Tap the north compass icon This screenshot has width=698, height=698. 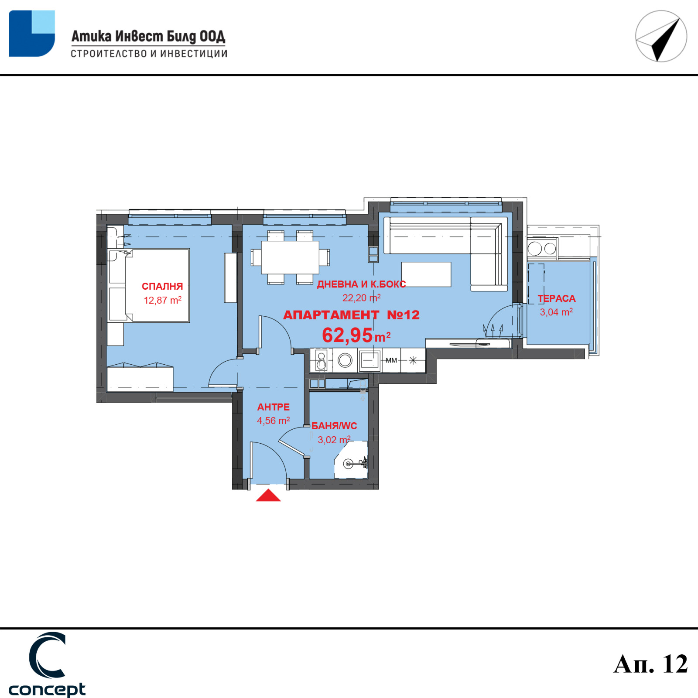pyautogui.click(x=661, y=36)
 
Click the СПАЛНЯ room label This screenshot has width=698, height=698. pyautogui.click(x=162, y=286)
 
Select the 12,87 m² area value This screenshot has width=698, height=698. pyautogui.click(x=163, y=300)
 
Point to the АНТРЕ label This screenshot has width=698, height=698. pyautogui.click(x=274, y=407)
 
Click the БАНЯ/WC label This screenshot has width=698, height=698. pyautogui.click(x=334, y=426)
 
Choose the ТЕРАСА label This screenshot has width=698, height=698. pyautogui.click(x=557, y=298)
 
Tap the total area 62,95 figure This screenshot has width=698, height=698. pyautogui.click(x=347, y=335)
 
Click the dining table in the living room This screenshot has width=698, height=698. pyautogui.click(x=290, y=257)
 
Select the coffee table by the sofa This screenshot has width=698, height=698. pyautogui.click(x=426, y=274)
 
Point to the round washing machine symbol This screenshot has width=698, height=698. pyautogui.click(x=345, y=360)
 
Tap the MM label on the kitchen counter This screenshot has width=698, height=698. pyautogui.click(x=391, y=360)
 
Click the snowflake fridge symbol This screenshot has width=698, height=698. pyautogui.click(x=413, y=360)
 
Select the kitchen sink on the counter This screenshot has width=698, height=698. pyautogui.click(x=370, y=360)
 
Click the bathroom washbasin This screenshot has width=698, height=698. pyautogui.click(x=349, y=463)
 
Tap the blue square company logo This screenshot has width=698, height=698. pyautogui.click(x=32, y=34)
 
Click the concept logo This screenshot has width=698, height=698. pyautogui.click(x=47, y=664)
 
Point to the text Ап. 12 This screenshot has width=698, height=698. pyautogui.click(x=651, y=664)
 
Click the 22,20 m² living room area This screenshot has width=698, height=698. pyautogui.click(x=361, y=298)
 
